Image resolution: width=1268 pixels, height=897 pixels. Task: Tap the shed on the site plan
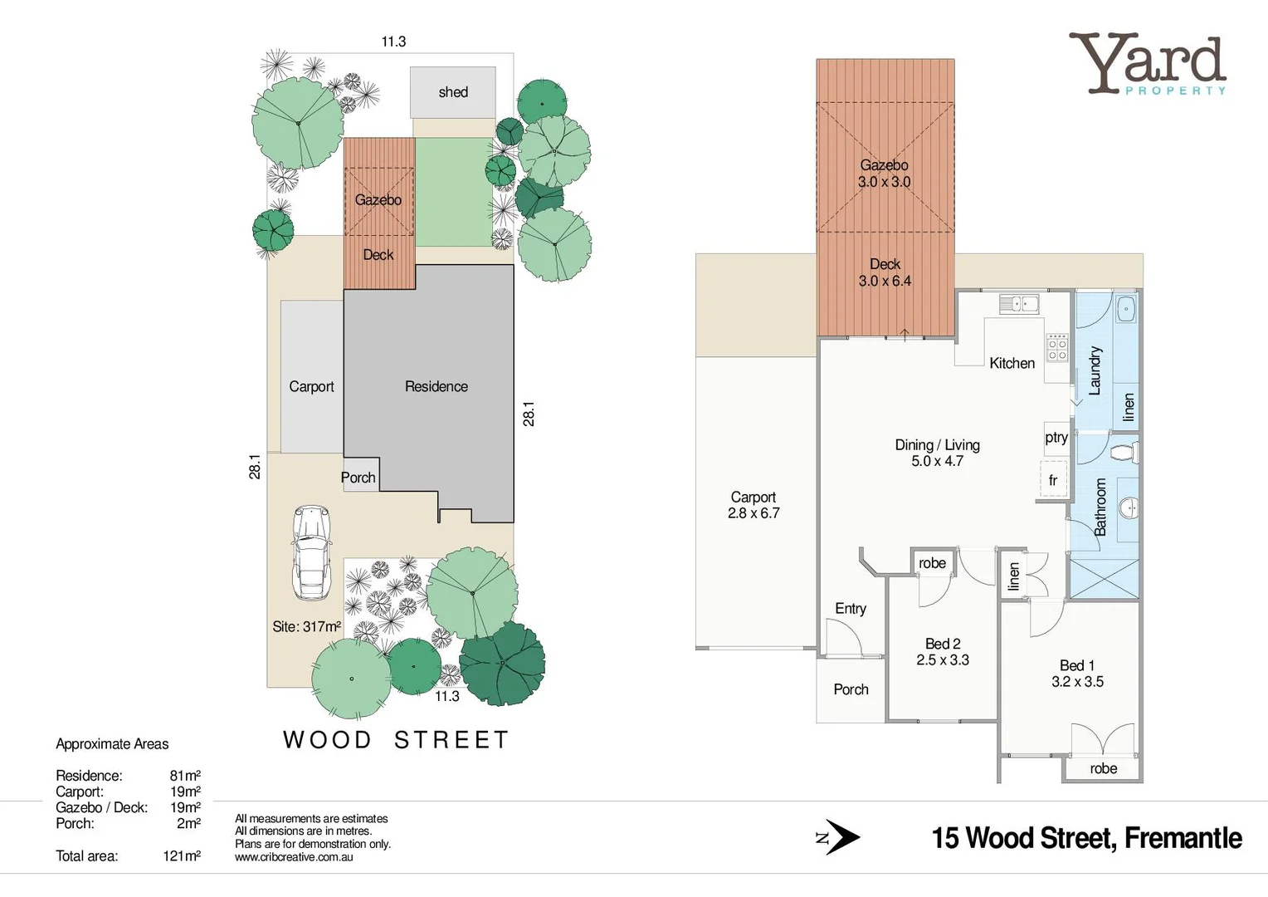(x=453, y=92)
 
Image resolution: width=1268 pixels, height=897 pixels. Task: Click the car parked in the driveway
(x=310, y=551)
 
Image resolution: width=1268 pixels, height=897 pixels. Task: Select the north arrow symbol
(x=841, y=837)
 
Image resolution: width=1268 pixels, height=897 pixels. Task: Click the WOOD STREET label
(x=396, y=739)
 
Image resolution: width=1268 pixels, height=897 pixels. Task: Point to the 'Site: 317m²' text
(x=306, y=626)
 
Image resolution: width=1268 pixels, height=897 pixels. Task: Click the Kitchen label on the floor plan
(x=1012, y=363)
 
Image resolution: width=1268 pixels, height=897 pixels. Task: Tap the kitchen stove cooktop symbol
(x=1056, y=347)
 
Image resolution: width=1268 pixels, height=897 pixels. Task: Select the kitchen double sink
(x=1018, y=304)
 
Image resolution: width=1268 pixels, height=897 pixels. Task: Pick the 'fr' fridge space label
(x=1053, y=480)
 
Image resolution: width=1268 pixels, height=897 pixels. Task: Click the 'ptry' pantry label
(x=1056, y=437)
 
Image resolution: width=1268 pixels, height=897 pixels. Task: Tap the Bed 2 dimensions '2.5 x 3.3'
(x=943, y=659)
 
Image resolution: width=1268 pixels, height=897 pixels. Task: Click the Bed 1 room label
(x=1077, y=665)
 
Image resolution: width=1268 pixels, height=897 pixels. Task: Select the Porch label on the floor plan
(x=851, y=689)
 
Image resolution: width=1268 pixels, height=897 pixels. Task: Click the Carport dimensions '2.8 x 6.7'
(x=753, y=513)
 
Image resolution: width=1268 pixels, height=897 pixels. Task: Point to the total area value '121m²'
(x=182, y=855)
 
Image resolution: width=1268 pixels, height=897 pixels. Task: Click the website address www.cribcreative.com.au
(x=294, y=857)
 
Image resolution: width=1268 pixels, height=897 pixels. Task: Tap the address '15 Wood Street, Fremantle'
(x=1086, y=838)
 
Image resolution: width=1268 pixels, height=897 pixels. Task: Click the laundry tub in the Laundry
(x=1125, y=309)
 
